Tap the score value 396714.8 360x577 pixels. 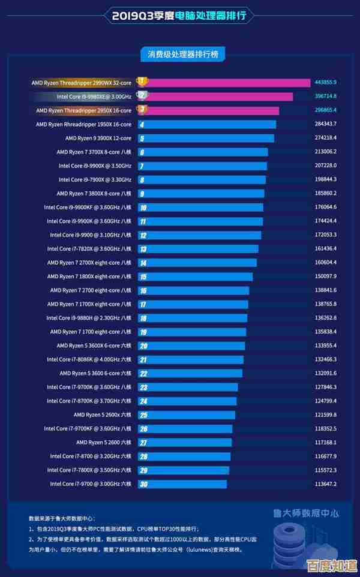325,96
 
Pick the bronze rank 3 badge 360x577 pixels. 142,110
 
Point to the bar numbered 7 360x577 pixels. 204,166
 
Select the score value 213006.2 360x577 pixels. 325,152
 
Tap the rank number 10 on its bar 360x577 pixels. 143,208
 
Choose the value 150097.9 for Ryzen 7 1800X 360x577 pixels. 325,277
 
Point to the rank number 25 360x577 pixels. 143,414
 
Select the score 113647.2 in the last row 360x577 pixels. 325,484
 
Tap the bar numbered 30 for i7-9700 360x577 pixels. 183,484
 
